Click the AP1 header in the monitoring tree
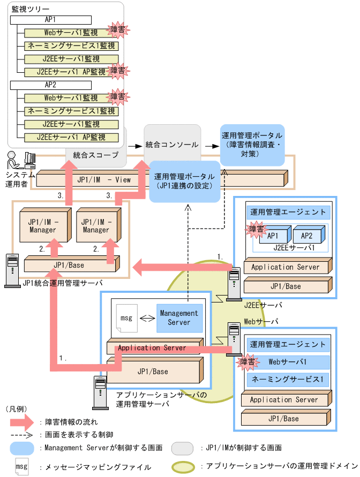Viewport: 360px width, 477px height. point(50,19)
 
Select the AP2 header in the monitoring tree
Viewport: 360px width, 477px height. point(50,85)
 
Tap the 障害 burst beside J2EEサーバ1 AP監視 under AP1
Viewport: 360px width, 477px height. point(117,71)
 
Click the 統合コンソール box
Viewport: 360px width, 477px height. point(172,145)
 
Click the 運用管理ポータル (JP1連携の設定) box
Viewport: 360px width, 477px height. point(184,181)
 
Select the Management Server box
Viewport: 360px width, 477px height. point(179,317)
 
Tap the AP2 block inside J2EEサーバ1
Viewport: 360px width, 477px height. point(306,236)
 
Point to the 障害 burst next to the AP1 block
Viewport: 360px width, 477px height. point(256,230)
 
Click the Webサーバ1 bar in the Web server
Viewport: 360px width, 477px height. point(287,362)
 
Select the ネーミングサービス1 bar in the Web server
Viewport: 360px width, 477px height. point(287,380)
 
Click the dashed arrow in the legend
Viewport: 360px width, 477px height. point(25,435)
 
